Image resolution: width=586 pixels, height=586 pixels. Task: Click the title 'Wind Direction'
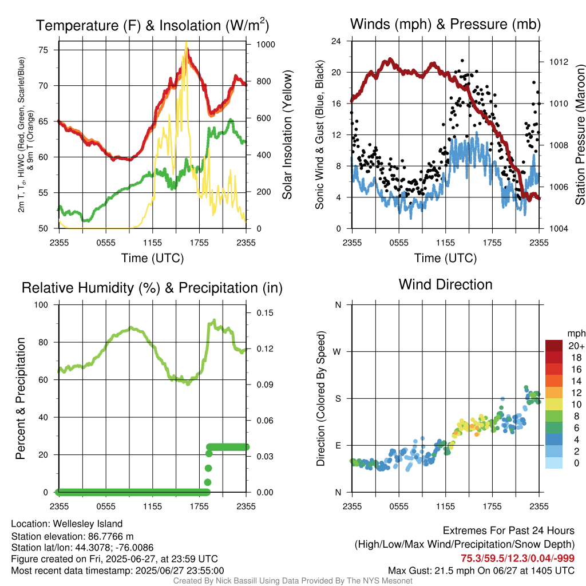point(445,284)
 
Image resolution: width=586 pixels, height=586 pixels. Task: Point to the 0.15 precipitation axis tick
point(261,312)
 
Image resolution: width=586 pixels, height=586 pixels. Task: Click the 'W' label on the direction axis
point(338,351)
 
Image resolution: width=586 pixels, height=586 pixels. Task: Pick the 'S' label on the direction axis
point(338,398)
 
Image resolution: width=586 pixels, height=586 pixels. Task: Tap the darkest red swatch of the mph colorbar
point(554,346)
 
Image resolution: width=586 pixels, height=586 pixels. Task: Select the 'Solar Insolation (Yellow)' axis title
point(287,135)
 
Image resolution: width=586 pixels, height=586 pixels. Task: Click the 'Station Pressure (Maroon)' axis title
point(580,135)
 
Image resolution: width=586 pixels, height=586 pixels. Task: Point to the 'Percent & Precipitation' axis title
point(21,398)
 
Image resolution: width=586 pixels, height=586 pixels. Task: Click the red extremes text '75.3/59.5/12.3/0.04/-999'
point(517,559)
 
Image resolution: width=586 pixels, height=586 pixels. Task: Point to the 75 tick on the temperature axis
point(47,50)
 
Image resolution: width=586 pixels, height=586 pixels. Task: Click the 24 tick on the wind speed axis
point(336,41)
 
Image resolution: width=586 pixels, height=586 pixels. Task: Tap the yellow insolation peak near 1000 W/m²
point(186,43)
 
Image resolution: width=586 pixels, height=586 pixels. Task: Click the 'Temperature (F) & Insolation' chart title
point(152,26)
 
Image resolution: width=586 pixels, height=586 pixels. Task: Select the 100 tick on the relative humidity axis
point(44,305)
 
